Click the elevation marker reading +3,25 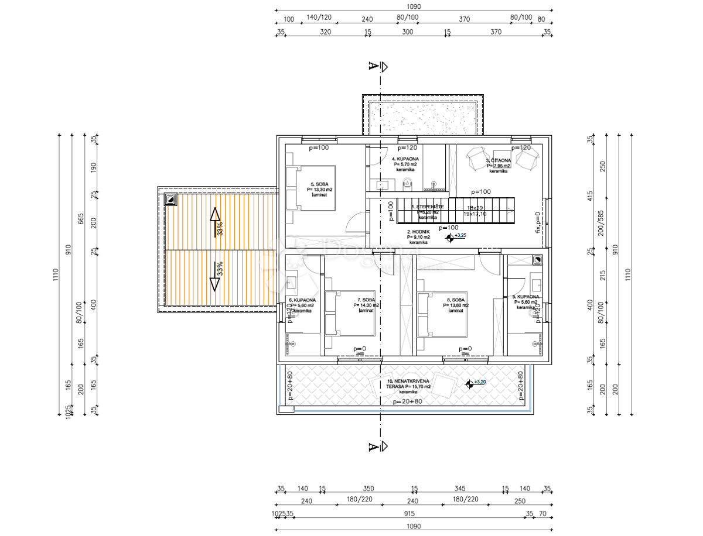[450, 238]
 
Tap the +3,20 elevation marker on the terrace [469, 384]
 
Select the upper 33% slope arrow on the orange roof [215, 222]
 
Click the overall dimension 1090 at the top [413, 7]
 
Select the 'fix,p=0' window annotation [538, 222]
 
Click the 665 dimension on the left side [81, 219]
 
